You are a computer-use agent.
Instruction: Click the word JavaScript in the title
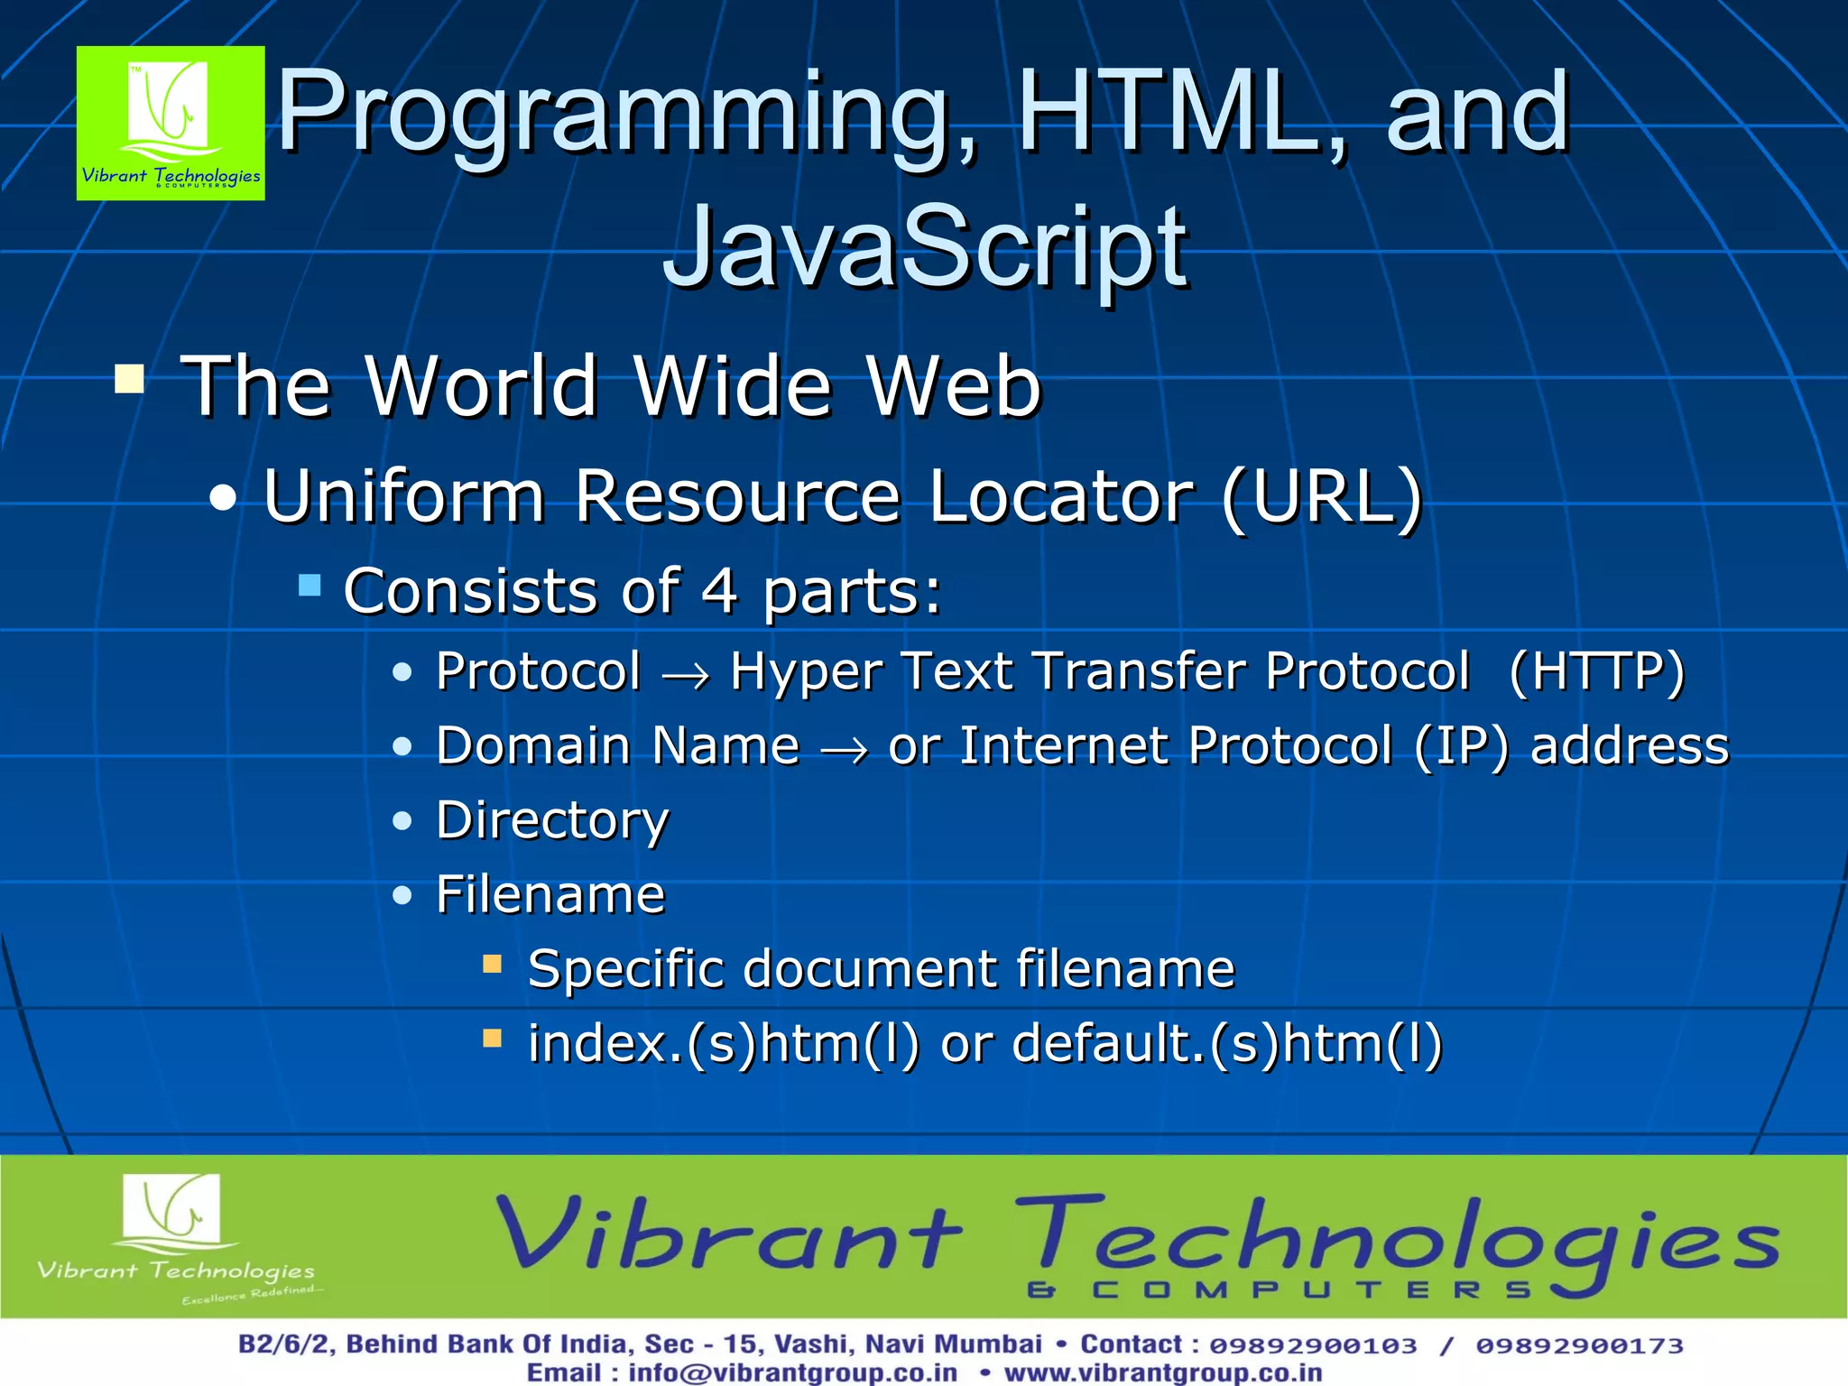pos(924,248)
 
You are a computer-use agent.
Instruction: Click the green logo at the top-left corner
pos(171,123)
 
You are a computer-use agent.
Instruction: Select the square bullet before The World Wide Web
pos(130,380)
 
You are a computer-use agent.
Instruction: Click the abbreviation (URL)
pos(1321,497)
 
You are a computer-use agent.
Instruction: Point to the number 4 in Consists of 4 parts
pos(719,591)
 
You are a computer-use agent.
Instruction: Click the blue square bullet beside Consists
pos(310,586)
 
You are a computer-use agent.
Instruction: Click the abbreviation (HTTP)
pos(1595,672)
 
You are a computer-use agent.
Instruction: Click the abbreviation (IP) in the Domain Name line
pos(1460,747)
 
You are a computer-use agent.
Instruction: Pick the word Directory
pos(552,821)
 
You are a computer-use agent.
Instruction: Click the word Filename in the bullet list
pos(550,895)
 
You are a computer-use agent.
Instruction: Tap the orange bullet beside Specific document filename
pos(492,965)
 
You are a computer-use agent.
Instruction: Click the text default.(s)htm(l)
pos(1227,1044)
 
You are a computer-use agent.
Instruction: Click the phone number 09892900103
pos(1313,1345)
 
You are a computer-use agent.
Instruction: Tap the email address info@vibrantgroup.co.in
pos(792,1372)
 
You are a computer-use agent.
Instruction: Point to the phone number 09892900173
pos(1579,1345)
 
